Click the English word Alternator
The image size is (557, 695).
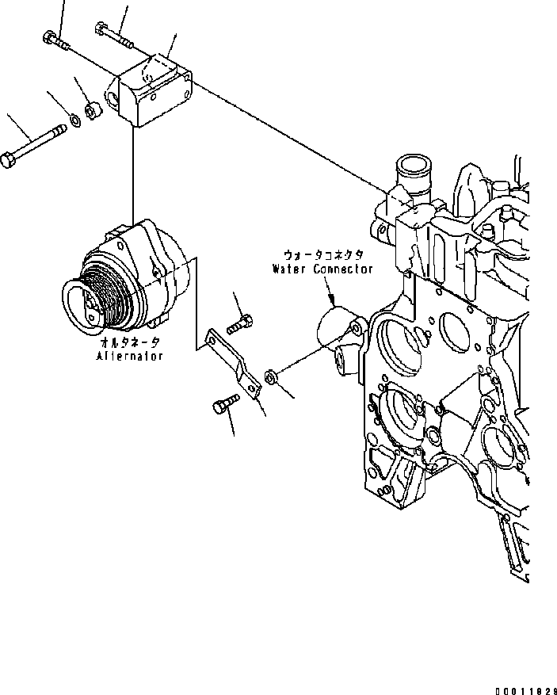click(132, 357)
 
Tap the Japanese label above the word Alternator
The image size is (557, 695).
click(132, 342)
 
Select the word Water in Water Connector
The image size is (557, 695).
click(290, 269)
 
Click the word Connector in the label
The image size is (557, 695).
click(342, 269)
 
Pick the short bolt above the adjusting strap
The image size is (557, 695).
click(241, 323)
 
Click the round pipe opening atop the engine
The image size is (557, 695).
click(416, 168)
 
